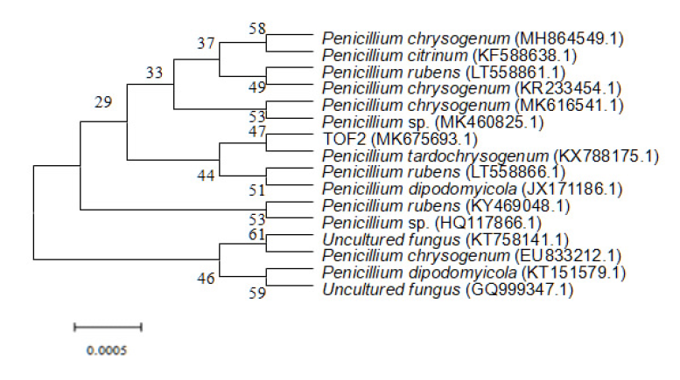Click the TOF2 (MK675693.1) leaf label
pos(400,140)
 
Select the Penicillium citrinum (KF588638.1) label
pos(449,56)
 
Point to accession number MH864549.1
pos(569,39)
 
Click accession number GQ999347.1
pos(520,289)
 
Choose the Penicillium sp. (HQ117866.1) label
pos(432,223)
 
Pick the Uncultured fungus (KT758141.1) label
pos(445,239)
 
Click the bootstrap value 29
pos(103,102)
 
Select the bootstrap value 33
pos(154,73)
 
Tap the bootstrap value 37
pos(206,44)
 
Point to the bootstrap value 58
pos(256,29)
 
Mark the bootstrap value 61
pos(256,234)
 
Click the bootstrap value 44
pos(206,176)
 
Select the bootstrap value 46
pos(206,279)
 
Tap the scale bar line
pos(108,328)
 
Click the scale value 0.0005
pos(107,350)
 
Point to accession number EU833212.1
pos(568,256)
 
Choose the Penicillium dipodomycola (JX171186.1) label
pos(473,190)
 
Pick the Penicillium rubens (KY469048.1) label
pos(445,206)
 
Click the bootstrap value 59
pos(256,293)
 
